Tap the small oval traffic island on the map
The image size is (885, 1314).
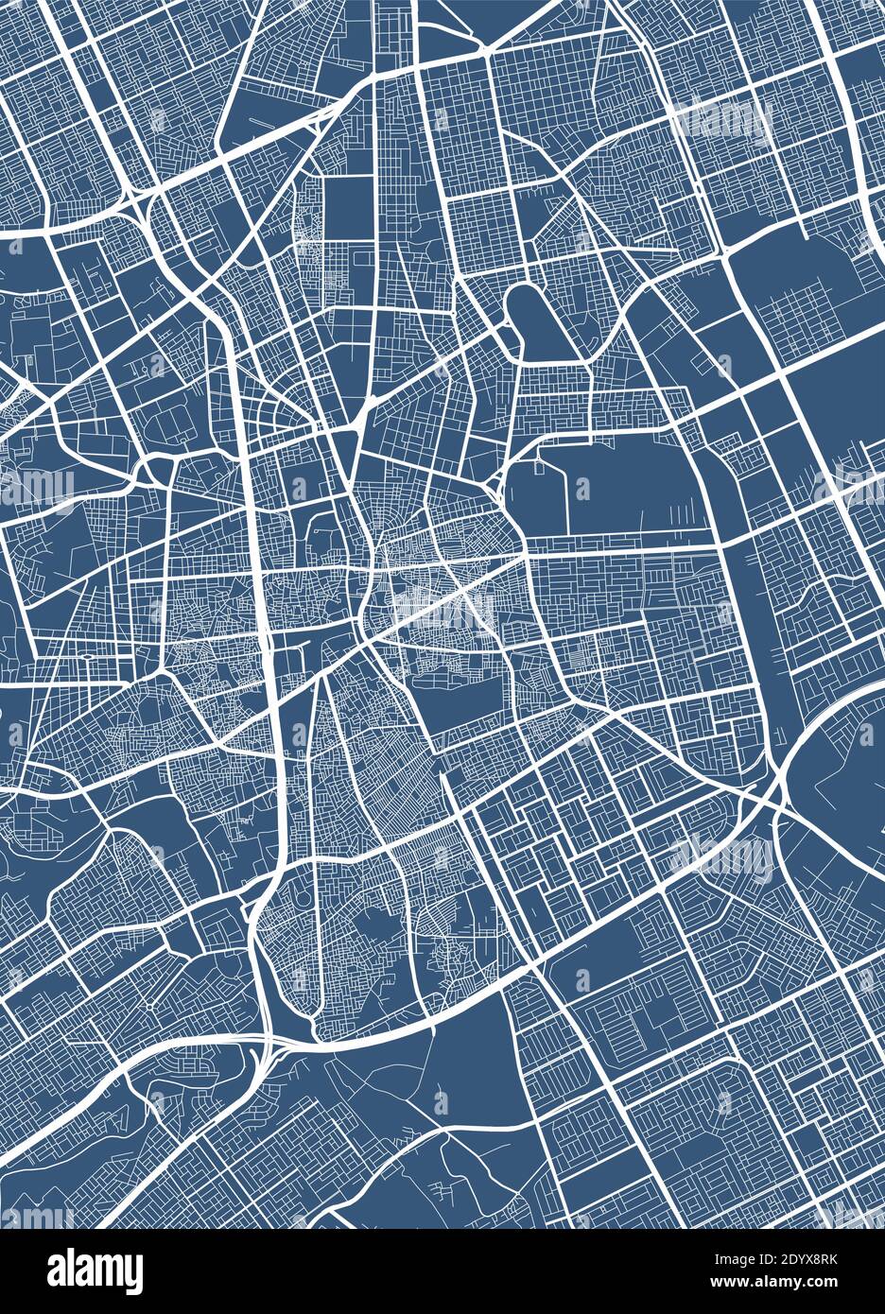click(x=88, y=655)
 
